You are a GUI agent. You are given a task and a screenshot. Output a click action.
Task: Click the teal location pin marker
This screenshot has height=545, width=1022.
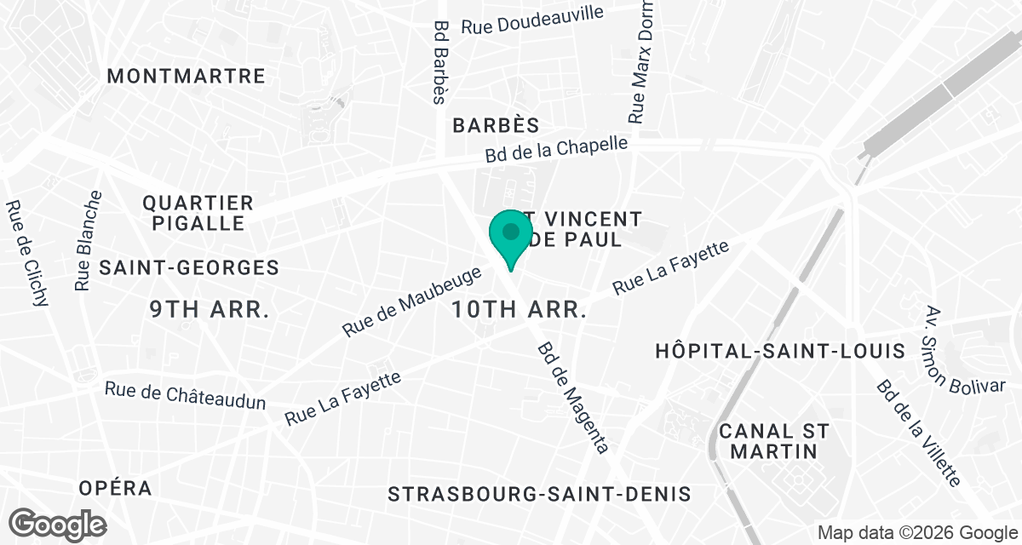coord(510,236)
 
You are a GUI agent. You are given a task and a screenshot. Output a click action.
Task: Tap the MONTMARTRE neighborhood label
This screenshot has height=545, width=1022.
coord(187,76)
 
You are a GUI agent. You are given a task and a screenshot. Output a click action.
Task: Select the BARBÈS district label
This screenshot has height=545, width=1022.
coord(496,125)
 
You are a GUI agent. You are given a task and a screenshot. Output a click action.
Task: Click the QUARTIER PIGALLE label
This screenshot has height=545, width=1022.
coord(198,213)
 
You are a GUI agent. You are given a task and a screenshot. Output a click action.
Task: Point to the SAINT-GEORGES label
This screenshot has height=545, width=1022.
coord(189,267)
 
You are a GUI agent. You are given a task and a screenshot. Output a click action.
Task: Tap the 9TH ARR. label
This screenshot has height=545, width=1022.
coord(210,309)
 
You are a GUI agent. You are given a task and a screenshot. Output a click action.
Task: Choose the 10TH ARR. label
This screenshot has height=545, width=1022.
coord(519,309)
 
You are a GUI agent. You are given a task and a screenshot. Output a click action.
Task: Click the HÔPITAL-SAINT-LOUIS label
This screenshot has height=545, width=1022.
coord(779,351)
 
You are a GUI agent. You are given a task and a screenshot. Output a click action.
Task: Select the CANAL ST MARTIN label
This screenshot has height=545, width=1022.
coord(773,441)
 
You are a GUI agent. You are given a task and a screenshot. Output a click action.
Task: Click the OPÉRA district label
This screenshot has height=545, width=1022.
coord(115,488)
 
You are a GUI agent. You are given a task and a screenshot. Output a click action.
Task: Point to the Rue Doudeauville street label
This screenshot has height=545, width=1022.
coord(532,20)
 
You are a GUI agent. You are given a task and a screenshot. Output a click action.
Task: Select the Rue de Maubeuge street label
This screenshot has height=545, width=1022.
coord(413,301)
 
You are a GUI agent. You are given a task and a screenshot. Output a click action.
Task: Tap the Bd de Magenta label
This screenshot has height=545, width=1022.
coord(572,398)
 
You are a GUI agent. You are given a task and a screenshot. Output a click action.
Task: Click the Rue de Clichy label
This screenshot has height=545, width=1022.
coord(27,253)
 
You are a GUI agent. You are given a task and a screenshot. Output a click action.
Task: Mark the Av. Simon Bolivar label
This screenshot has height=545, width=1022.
coord(951,349)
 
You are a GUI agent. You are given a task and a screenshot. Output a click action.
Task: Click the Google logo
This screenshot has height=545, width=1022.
coord(58,524)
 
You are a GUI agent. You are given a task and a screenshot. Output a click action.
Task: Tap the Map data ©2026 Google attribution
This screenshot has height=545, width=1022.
coord(916,532)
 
